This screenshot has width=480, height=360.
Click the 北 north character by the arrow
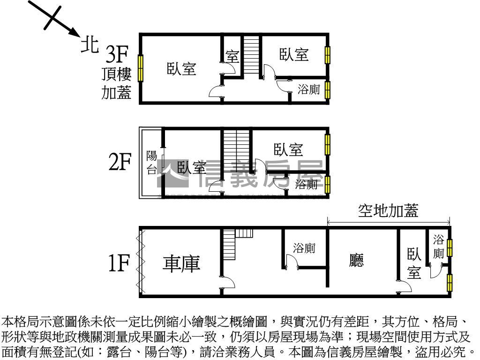[90, 45]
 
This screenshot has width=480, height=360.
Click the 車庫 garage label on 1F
[181, 263]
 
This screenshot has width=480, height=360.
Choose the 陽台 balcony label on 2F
[152, 163]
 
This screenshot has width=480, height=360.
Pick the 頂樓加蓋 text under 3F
[117, 84]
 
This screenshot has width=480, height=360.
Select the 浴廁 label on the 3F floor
[309, 89]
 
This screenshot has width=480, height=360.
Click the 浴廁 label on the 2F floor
[307, 184]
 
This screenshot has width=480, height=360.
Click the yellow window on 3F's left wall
[140, 68]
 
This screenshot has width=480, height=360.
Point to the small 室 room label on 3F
[232, 57]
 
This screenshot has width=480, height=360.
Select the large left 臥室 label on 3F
[181, 69]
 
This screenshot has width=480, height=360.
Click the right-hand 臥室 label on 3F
[294, 54]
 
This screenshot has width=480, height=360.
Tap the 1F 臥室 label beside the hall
[414, 264]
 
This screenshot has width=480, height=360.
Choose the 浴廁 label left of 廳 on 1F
[304, 248]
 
